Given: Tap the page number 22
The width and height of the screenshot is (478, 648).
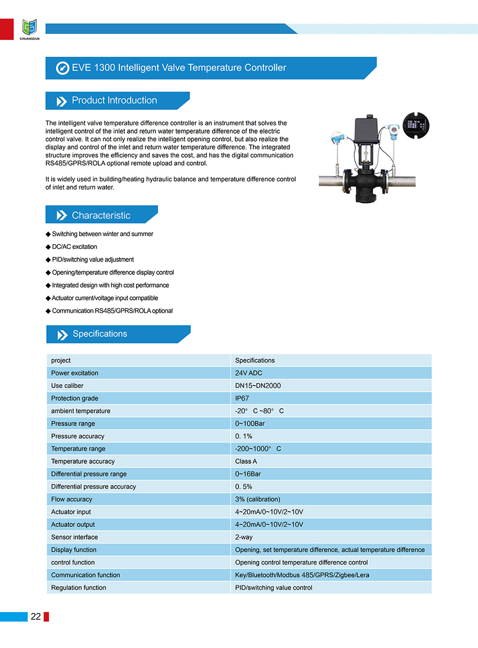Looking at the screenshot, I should coord(36,616).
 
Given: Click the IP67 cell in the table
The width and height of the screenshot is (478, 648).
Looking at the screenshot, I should coord(242,398).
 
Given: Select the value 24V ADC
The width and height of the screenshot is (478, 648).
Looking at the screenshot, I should coord(249,373).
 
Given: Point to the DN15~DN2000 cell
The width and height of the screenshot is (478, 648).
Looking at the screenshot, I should coord(258,386).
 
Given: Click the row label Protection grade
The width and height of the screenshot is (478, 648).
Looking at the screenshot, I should coord(74,398).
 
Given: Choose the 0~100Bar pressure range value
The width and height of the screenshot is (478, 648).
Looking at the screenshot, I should coord(250,424).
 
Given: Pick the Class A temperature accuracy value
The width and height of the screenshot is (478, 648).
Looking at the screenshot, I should coord(246,461).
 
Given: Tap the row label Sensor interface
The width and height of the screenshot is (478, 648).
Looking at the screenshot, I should coord(74,537).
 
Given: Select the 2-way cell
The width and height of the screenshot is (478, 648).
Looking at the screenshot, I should coord(244,537).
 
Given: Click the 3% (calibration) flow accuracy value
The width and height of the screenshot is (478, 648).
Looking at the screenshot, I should coord(258,499).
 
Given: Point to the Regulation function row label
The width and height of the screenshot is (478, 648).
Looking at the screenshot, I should coord(79,587).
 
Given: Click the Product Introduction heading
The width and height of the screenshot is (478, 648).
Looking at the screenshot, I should coord(114,100).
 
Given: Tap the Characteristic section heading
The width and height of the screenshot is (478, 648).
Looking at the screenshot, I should coord(101,215).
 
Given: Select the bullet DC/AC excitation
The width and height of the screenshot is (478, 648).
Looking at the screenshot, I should coord(74,247).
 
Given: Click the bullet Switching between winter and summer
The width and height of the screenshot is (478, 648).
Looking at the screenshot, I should coord(103,234).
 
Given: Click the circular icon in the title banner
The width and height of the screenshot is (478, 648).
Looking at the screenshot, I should coord(63,68).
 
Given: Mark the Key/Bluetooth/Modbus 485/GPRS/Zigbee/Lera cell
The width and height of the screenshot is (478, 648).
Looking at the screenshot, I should coord(302,575).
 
